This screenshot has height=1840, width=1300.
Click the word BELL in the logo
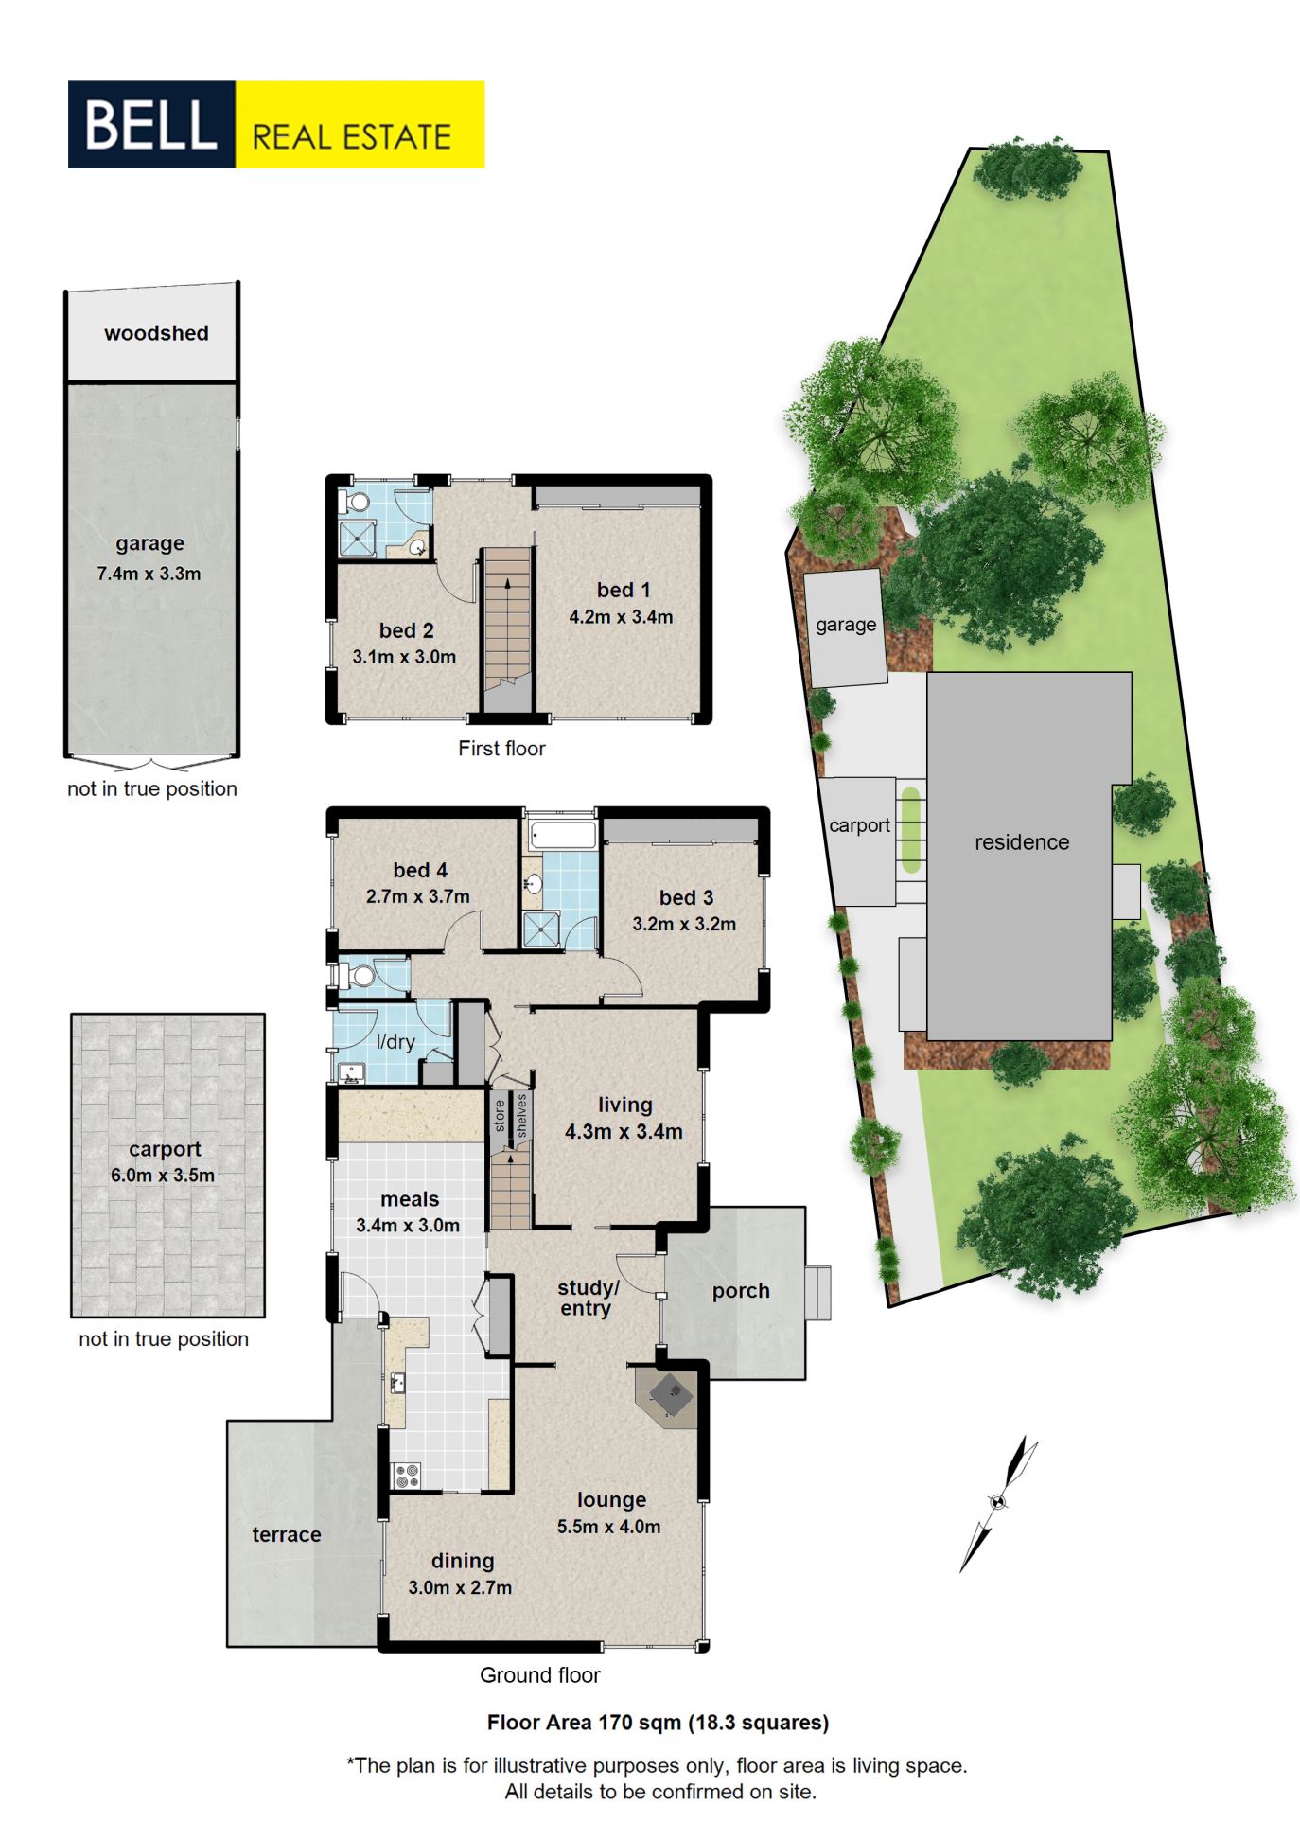[x=150, y=125]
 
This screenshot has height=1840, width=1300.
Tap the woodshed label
[x=156, y=333]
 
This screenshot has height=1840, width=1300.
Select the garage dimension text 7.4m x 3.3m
[x=149, y=574]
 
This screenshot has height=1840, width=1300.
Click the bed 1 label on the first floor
[x=624, y=590]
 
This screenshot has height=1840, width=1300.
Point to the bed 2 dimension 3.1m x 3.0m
[x=404, y=657]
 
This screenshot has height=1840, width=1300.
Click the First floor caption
[x=501, y=749]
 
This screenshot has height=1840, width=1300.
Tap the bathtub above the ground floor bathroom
[x=563, y=834]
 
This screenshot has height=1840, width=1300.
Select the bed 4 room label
[x=420, y=870]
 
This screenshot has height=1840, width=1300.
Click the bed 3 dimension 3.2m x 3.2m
[x=684, y=924]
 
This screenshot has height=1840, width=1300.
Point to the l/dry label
[x=395, y=1042]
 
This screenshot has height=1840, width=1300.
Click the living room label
[x=624, y=1105]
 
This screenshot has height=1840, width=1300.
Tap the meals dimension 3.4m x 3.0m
[x=408, y=1226]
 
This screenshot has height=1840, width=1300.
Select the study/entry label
[x=588, y=1298]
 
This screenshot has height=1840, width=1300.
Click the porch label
[x=741, y=1291]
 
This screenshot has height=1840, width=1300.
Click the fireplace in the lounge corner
[x=671, y=1393]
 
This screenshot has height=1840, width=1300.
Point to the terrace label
[x=287, y=1535]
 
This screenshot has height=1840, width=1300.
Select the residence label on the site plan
[x=1022, y=842]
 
